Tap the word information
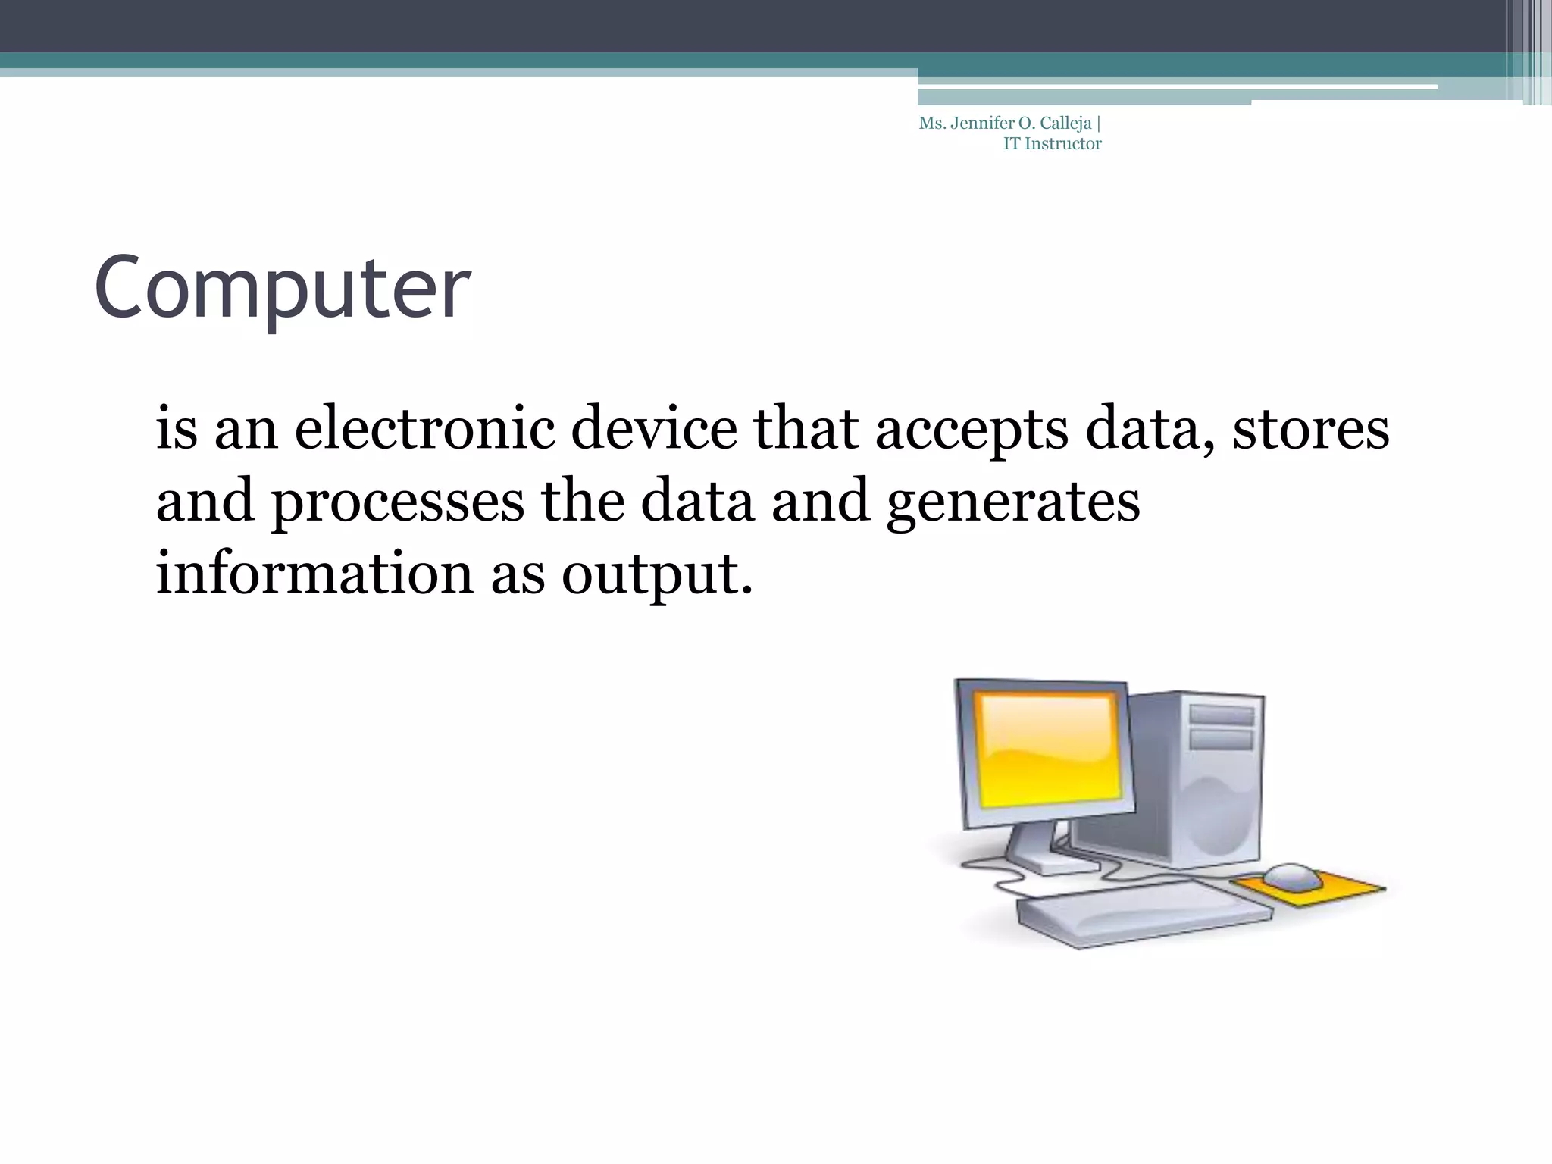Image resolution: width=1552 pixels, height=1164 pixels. tap(314, 573)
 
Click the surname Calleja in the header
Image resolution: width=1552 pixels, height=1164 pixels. tap(1065, 124)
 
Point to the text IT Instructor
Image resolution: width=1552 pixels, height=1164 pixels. tap(1052, 144)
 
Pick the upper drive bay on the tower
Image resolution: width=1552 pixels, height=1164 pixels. tap(1221, 715)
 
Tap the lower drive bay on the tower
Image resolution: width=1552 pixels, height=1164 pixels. tap(1221, 739)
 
